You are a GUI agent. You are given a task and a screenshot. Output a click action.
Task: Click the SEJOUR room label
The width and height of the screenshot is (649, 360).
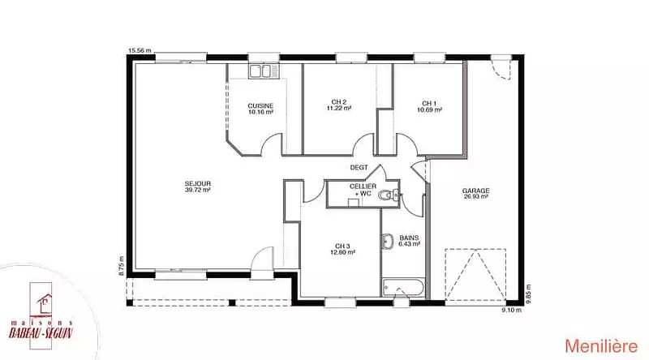click(198, 184)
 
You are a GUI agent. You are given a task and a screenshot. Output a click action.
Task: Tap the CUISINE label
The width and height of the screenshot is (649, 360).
click(260, 106)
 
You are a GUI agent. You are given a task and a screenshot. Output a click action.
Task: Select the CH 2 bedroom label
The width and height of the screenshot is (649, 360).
click(339, 102)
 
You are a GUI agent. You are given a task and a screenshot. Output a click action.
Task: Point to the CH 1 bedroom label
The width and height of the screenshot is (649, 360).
click(429, 104)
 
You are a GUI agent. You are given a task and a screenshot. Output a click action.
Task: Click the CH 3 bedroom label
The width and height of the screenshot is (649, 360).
click(342, 246)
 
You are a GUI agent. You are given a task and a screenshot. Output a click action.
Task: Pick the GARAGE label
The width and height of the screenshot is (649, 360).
click(476, 191)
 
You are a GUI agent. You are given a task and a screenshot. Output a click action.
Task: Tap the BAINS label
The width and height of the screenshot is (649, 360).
click(409, 238)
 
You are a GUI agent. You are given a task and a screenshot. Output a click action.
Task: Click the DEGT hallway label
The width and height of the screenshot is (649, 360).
click(359, 168)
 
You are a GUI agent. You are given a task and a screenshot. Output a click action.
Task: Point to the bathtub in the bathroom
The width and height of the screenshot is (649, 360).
click(403, 287)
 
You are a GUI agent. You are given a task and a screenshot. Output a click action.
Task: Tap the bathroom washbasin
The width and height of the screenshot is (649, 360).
click(387, 242)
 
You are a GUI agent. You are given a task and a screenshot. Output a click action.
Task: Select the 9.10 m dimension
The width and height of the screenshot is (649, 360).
click(512, 310)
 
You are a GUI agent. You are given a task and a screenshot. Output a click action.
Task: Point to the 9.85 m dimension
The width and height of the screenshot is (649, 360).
click(528, 294)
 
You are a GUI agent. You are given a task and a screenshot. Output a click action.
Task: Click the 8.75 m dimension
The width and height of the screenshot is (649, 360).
click(121, 266)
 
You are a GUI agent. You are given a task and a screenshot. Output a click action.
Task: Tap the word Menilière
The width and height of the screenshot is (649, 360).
click(601, 346)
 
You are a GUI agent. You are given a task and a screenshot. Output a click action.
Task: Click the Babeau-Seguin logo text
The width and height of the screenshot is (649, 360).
click(41, 332)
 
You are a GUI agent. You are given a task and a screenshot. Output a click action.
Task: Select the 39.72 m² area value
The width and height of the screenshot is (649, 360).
click(198, 190)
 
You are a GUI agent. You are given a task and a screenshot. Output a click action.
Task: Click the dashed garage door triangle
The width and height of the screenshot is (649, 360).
click(475, 274)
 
